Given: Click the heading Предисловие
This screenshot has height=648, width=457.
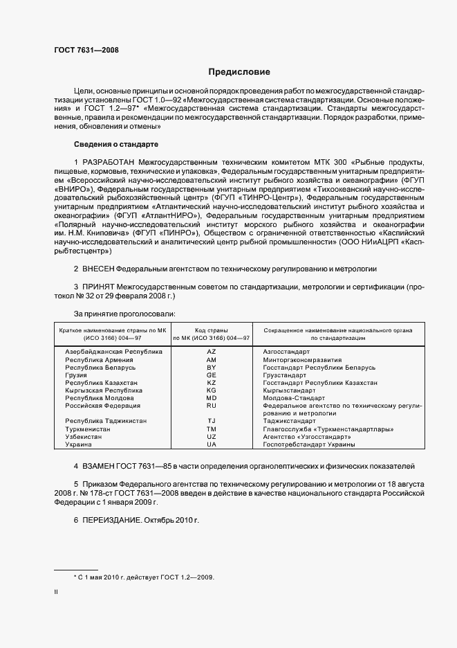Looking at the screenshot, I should click(x=239, y=72).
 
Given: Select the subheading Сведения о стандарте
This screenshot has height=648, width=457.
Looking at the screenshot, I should click(x=116, y=144).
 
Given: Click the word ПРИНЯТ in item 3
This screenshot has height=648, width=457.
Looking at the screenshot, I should click(x=97, y=286).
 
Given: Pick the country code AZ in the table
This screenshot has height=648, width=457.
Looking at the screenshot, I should click(x=212, y=352).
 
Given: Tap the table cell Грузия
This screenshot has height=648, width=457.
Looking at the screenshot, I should click(x=77, y=375).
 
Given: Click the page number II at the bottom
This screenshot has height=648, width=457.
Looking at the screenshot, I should click(x=56, y=592).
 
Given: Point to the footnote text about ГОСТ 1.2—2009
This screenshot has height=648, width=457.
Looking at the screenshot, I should click(x=144, y=576).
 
